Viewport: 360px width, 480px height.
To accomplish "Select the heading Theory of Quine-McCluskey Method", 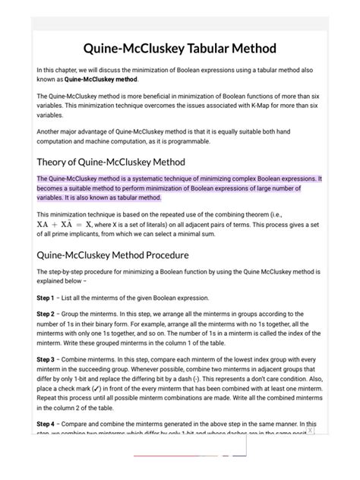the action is pos(111,162).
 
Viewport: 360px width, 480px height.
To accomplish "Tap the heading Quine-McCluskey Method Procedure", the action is pos(112,254).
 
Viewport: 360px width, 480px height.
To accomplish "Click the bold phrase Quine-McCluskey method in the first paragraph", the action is pos(101,79).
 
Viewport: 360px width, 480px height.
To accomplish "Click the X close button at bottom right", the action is pos(311,431).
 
